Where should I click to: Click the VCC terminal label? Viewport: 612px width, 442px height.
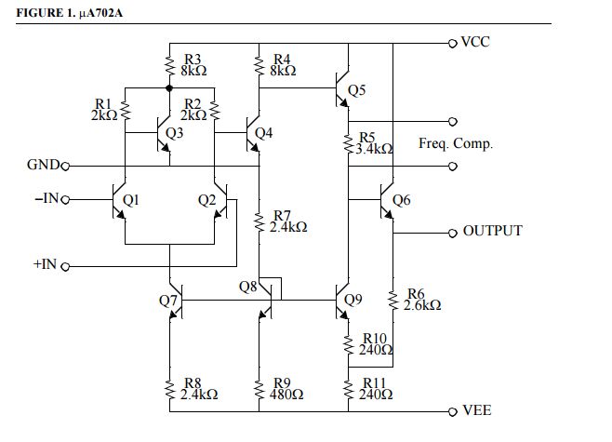[475, 43]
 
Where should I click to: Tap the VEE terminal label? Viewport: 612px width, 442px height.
[476, 410]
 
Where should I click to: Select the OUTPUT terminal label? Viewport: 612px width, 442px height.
[492, 231]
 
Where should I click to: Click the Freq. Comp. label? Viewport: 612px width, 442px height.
[456, 144]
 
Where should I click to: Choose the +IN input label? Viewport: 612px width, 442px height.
[46, 265]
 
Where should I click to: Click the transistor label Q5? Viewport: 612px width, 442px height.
[357, 90]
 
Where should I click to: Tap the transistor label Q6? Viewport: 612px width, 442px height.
[401, 199]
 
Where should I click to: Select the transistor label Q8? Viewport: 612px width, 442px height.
[247, 287]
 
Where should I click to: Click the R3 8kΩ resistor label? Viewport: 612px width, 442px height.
[193, 65]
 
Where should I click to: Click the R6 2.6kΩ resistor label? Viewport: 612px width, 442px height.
[422, 299]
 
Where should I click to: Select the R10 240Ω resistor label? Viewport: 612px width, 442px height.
[376, 344]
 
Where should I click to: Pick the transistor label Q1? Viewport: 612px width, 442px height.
[131, 199]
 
